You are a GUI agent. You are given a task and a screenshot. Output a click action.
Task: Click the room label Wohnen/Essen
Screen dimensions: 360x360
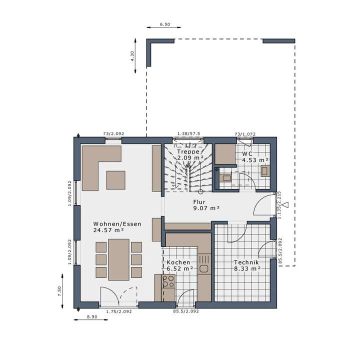click(117, 224)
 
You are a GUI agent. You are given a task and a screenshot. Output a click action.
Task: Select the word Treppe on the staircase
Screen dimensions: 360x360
click(188, 151)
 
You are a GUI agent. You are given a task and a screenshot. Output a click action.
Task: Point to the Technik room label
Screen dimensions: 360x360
click(245, 262)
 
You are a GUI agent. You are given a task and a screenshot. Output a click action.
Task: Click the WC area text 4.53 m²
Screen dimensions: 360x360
click(255, 160)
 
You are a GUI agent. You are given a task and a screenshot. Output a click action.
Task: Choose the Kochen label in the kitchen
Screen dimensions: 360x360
click(178, 262)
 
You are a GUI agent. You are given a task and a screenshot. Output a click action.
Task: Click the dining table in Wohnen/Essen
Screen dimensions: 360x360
click(119, 259)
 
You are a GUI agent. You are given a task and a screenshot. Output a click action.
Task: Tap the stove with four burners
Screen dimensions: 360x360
click(168, 281)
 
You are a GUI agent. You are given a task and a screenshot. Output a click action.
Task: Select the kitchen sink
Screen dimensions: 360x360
click(204, 268)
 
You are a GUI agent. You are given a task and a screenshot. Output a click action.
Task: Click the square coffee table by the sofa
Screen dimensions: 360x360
click(116, 180)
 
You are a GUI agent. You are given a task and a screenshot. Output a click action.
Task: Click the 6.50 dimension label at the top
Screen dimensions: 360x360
click(164, 24)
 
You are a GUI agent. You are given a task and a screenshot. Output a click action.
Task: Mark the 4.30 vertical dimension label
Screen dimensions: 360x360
click(132, 56)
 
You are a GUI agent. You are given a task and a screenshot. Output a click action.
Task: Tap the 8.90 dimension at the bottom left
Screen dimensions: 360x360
click(91, 317)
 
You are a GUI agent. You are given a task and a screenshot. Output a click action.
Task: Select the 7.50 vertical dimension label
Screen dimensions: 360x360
click(59, 291)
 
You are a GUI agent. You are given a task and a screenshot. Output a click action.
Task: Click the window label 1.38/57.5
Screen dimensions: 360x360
click(189, 134)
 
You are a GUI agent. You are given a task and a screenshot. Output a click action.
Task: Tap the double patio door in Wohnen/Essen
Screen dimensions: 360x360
click(118, 296)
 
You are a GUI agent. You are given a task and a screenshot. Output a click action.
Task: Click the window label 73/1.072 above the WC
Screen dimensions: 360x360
click(245, 134)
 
